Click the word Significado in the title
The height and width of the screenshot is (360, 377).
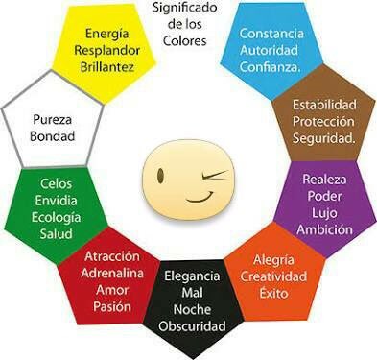(185, 8)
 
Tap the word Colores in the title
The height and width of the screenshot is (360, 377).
(185, 41)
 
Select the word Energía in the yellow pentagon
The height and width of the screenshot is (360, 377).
(107, 35)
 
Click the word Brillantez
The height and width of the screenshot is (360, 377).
(107, 67)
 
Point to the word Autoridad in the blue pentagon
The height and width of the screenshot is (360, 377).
(269, 50)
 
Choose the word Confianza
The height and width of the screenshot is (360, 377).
(271, 67)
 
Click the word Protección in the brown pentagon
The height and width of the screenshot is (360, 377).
(323, 122)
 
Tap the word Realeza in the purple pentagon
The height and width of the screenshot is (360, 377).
(324, 180)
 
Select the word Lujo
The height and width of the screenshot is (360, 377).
(324, 214)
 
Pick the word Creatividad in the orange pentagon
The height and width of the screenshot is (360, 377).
(273, 276)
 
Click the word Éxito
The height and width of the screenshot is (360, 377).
(273, 293)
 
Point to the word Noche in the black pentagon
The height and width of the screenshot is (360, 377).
(192, 309)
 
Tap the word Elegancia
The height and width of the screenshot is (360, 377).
(192, 276)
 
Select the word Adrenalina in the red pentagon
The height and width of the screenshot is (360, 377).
(112, 274)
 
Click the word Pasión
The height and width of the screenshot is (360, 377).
(112, 306)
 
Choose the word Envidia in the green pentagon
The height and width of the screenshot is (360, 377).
(56, 201)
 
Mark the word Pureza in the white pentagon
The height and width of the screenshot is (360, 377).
(52, 120)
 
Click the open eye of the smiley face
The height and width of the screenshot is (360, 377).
(160, 176)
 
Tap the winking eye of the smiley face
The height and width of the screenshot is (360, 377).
(214, 175)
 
